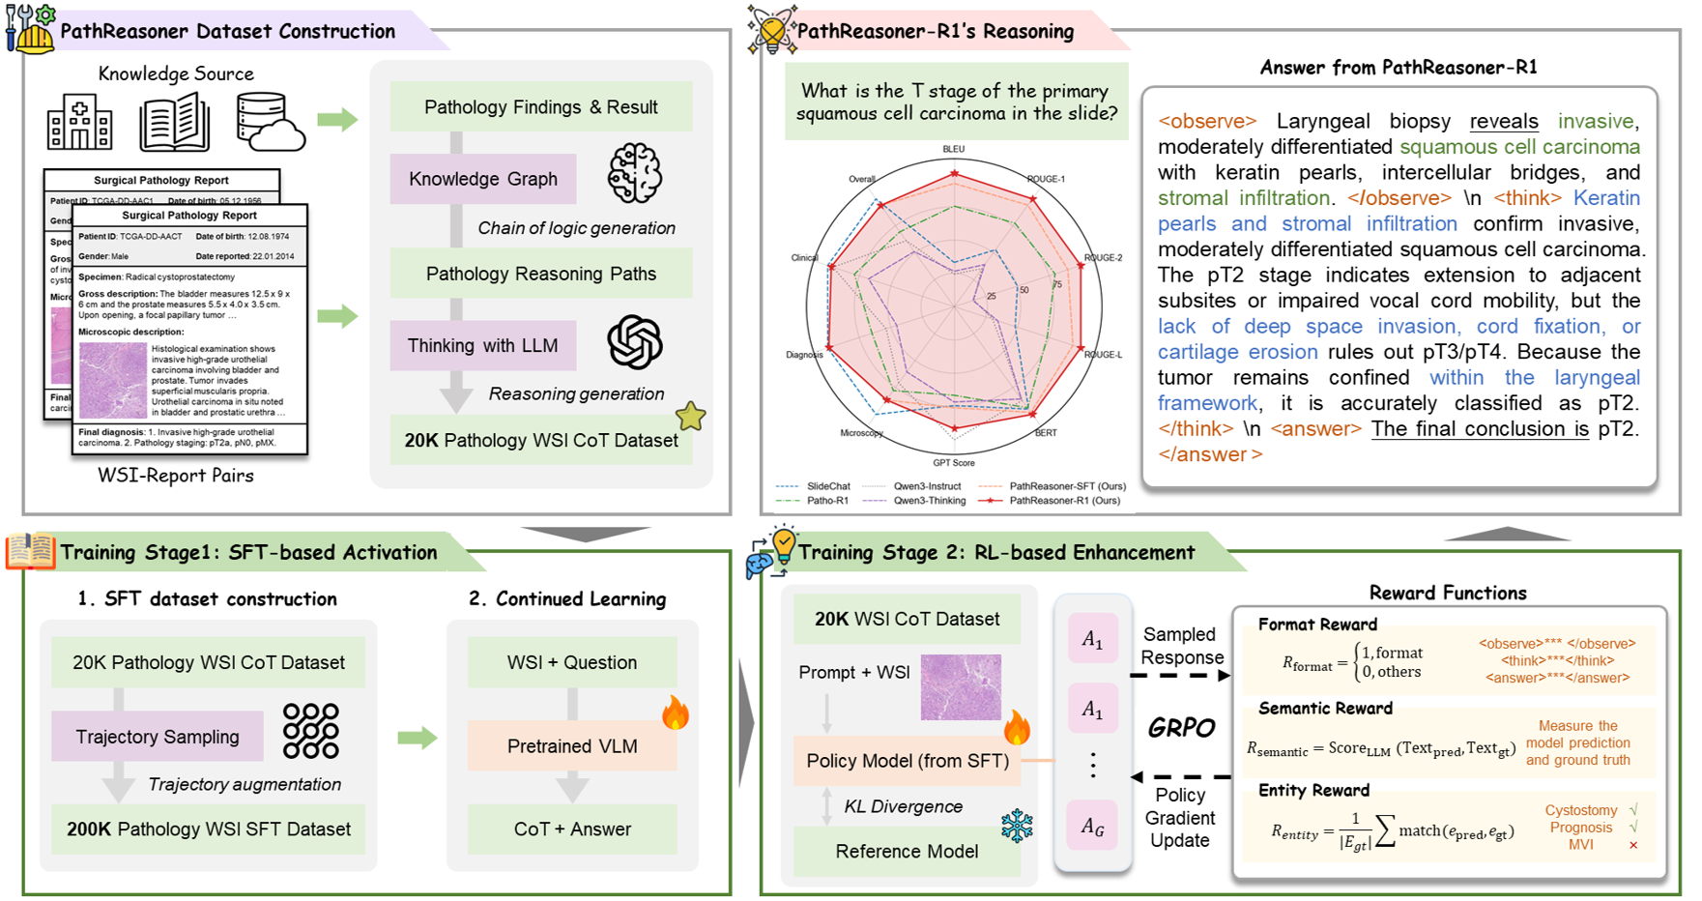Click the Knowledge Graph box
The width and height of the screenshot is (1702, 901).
(x=482, y=179)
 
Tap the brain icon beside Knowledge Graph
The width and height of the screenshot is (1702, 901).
(x=634, y=173)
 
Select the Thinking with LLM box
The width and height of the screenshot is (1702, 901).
(x=482, y=346)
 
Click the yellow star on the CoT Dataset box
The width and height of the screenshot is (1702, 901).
(x=690, y=417)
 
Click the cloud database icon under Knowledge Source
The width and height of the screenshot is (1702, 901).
(x=270, y=123)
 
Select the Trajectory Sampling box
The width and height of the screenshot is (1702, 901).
(x=158, y=737)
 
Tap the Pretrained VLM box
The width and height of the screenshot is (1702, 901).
(x=572, y=746)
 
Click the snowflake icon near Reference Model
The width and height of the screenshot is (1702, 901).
(x=1016, y=826)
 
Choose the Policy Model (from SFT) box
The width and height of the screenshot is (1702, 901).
(x=908, y=761)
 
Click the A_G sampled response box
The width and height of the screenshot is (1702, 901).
(x=1092, y=826)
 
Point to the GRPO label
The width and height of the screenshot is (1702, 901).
(x=1181, y=728)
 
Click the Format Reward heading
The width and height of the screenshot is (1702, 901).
(x=1317, y=625)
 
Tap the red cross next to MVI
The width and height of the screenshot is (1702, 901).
(x=1633, y=845)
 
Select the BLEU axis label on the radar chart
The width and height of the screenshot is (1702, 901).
(x=953, y=150)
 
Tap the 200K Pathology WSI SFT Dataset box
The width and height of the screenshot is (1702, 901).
(x=209, y=829)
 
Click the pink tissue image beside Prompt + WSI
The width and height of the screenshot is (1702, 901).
(x=960, y=687)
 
